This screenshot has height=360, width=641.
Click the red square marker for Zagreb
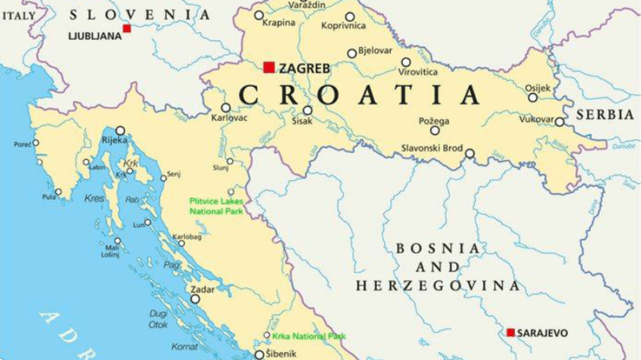click(269, 67)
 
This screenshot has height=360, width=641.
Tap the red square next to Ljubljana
click(127, 28)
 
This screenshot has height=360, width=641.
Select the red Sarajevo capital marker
click(510, 332)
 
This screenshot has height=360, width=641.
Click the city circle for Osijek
click(533, 98)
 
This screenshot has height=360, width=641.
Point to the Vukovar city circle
click(559, 122)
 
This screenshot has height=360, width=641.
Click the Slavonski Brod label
click(432, 148)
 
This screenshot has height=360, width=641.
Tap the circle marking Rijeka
click(120, 131)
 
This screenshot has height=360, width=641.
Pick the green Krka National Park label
click(309, 336)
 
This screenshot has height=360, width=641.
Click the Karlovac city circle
click(225, 108)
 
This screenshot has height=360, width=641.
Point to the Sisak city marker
click(308, 110)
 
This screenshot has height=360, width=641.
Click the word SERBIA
click(605, 115)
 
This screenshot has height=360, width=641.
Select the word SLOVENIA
click(140, 15)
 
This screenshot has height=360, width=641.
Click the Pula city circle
click(59, 192)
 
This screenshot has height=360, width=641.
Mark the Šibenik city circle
click(259, 355)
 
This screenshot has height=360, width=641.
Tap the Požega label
click(434, 121)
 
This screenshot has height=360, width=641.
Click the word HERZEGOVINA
click(438, 285)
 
